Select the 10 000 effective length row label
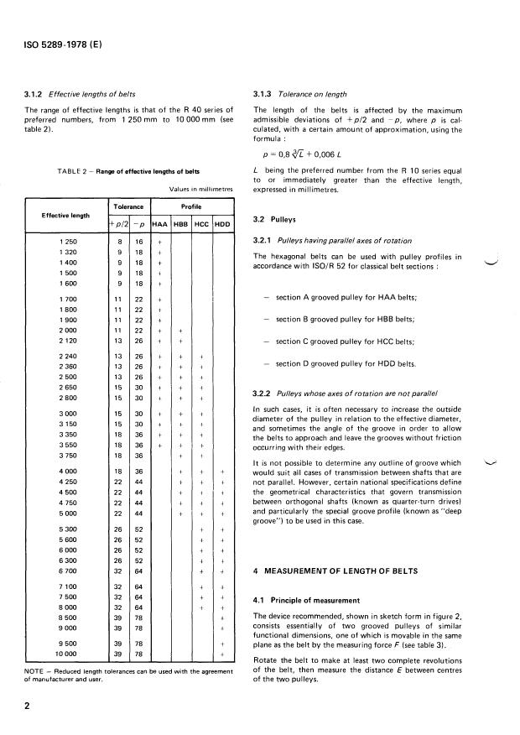[x=62, y=652]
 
